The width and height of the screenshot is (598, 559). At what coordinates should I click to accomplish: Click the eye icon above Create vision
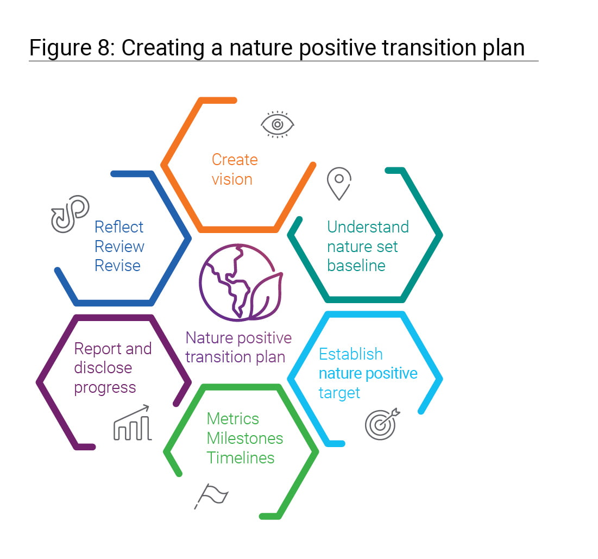click(x=277, y=124)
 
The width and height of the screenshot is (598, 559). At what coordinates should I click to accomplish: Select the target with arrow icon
click(x=382, y=424)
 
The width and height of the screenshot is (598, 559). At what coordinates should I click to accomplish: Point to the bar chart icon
click(x=133, y=423)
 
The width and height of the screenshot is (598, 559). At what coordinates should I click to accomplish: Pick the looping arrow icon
click(x=70, y=213)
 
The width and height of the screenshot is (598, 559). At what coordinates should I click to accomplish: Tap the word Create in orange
click(x=235, y=160)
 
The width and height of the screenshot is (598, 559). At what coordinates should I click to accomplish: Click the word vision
click(x=232, y=179)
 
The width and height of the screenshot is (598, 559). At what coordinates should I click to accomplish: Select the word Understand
click(x=368, y=227)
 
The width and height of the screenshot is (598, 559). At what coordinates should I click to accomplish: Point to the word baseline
click(x=356, y=265)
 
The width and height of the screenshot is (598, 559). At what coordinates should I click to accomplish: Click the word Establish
click(x=350, y=354)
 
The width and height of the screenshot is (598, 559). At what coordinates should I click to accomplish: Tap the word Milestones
click(x=245, y=438)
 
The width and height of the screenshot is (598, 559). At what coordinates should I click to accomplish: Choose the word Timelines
click(x=241, y=457)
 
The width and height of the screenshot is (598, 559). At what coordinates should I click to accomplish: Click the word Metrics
click(x=232, y=419)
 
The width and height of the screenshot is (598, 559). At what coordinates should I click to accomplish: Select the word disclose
click(x=103, y=367)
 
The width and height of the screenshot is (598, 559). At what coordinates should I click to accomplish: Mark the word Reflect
click(x=119, y=227)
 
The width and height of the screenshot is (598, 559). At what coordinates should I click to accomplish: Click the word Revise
click(x=117, y=265)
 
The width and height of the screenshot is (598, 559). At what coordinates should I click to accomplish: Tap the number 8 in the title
click(x=104, y=48)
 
